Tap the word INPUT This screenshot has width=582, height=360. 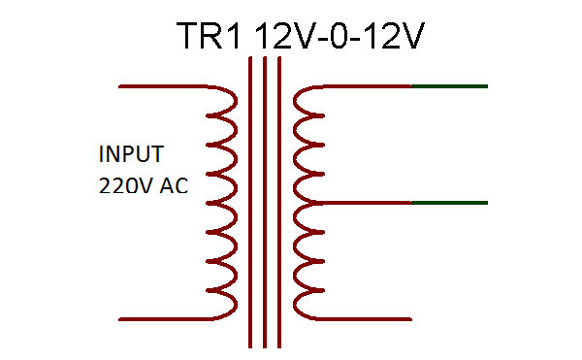click(131, 154)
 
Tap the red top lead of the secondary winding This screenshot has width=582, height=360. click(364, 86)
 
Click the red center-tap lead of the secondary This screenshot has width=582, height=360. click(364, 203)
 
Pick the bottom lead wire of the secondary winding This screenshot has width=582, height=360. click(364, 318)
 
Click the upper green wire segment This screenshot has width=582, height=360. click(449, 86)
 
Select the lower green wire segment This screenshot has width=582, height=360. click(449, 203)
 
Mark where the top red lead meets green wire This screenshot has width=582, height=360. click(412, 86)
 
